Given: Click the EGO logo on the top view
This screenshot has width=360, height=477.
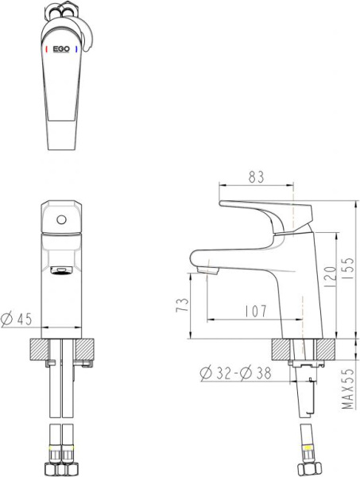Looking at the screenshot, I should [61, 48].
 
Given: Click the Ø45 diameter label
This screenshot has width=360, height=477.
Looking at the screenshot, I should [17, 319].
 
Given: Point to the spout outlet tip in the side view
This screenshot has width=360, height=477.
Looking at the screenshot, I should [206, 274].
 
